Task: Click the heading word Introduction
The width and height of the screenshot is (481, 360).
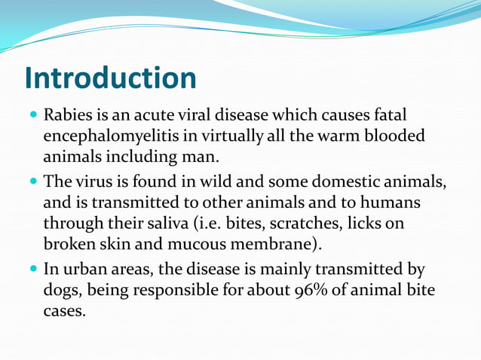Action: (110, 78)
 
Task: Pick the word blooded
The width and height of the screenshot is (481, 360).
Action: (397, 137)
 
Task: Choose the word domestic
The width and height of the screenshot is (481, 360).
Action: (340, 183)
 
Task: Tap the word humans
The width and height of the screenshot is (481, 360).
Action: (389, 203)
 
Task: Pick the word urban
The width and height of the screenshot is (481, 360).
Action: (84, 270)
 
